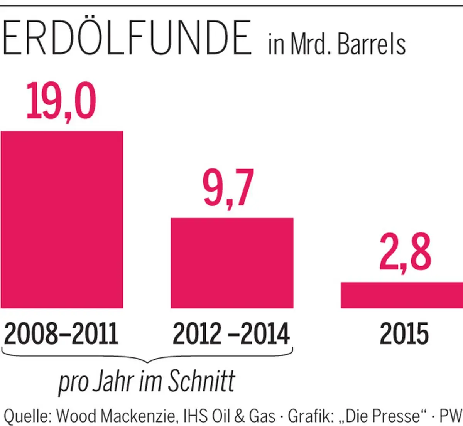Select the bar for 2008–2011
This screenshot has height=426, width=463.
pyautogui.click(x=62, y=220)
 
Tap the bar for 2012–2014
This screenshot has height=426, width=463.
pyautogui.click(x=232, y=263)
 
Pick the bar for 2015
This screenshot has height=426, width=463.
pyautogui.click(x=401, y=295)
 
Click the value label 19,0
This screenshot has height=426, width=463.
pyautogui.click(x=61, y=101)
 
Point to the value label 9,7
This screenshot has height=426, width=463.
pyautogui.click(x=228, y=189)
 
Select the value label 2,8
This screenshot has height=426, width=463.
pyautogui.click(x=405, y=253)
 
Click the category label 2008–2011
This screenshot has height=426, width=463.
pyautogui.click(x=61, y=333)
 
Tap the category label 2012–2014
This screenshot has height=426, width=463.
pyautogui.click(x=231, y=333)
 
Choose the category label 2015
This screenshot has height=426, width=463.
pyautogui.click(x=404, y=333)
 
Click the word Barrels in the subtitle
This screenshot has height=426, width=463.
pyautogui.click(x=372, y=45)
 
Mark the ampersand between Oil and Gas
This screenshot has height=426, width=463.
pyautogui.click(x=240, y=416)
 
